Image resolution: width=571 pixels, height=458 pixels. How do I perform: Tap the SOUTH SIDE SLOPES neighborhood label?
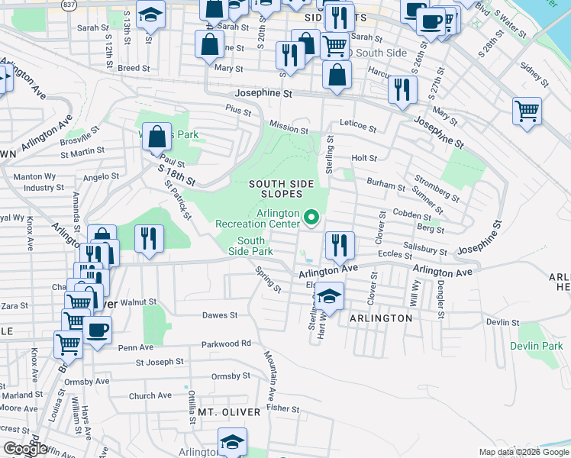[x=281, y=189]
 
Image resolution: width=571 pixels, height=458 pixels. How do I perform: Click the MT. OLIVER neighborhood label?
[x=230, y=412]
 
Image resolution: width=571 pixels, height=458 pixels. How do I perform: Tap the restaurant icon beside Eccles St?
[x=340, y=246]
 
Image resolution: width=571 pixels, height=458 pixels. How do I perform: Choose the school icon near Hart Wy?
[x=329, y=295]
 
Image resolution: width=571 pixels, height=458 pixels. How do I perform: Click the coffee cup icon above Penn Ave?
[x=96, y=331]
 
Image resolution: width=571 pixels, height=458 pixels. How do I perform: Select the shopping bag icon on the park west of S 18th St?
[x=156, y=138]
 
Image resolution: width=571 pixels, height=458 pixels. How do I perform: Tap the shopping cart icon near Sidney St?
[x=527, y=111]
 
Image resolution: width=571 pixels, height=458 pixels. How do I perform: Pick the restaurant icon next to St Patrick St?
[x=149, y=238]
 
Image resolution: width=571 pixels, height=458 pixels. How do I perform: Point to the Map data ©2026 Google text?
[x=523, y=452]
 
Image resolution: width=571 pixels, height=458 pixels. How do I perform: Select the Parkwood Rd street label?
[x=226, y=344]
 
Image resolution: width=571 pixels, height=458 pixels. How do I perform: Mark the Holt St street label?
[x=364, y=158]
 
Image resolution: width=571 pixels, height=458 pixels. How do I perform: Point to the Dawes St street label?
[x=220, y=314]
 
